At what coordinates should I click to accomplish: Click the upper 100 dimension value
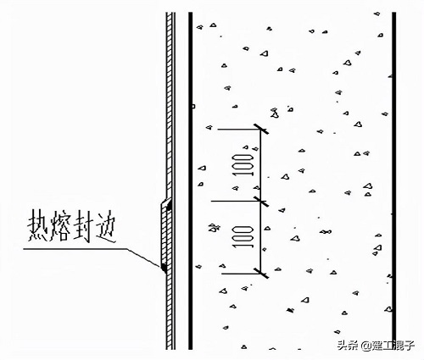[243, 165]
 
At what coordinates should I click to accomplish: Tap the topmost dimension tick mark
[260, 129]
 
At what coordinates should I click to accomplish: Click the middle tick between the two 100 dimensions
[260, 201]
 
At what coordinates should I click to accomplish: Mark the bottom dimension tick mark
[260, 273]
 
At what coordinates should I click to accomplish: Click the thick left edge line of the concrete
[191, 180]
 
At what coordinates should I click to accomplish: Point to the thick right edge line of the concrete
[393, 180]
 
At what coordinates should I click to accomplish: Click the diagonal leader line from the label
[143, 258]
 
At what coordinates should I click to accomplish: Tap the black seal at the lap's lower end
[164, 267]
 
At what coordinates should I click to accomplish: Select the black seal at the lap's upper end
[169, 204]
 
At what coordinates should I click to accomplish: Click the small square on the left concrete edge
[193, 106]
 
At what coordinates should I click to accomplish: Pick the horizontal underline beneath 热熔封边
[75, 249]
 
